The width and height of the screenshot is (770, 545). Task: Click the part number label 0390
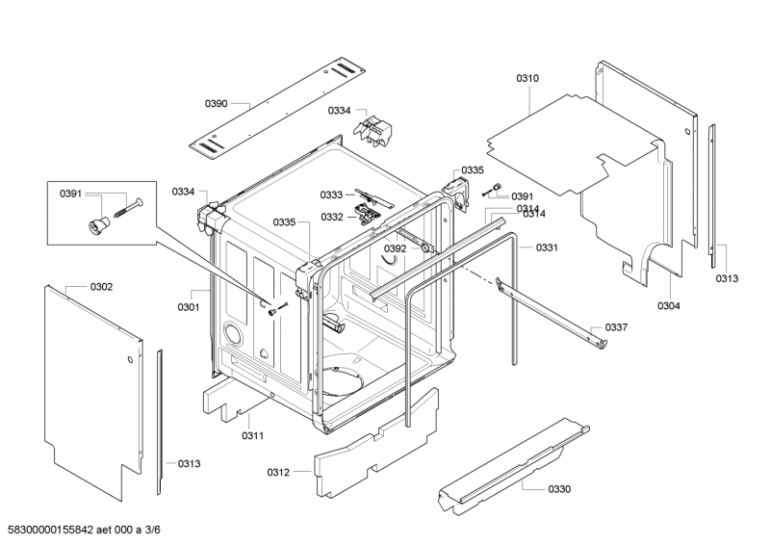coord(216,103)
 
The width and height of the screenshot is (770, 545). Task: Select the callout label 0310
coord(527,78)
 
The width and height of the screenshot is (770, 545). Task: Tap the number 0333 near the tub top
coord(331,195)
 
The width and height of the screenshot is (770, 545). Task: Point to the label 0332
coord(332,217)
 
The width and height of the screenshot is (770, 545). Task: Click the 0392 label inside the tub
coord(396,248)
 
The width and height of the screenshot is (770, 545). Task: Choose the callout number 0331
coord(547,247)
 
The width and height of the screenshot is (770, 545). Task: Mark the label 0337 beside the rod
coord(616,327)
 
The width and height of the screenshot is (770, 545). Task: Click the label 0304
coord(669,306)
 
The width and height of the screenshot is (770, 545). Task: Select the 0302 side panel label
coord(101,287)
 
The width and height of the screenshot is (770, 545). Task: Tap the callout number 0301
coord(189,307)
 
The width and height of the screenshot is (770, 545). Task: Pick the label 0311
coord(252,435)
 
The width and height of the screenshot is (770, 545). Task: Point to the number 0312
coord(278,472)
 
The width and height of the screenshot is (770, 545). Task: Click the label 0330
coord(559,489)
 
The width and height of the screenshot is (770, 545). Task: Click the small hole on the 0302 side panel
coord(130,360)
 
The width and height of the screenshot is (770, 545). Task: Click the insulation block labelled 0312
coord(375,442)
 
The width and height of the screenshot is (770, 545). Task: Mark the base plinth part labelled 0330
coord(514,466)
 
